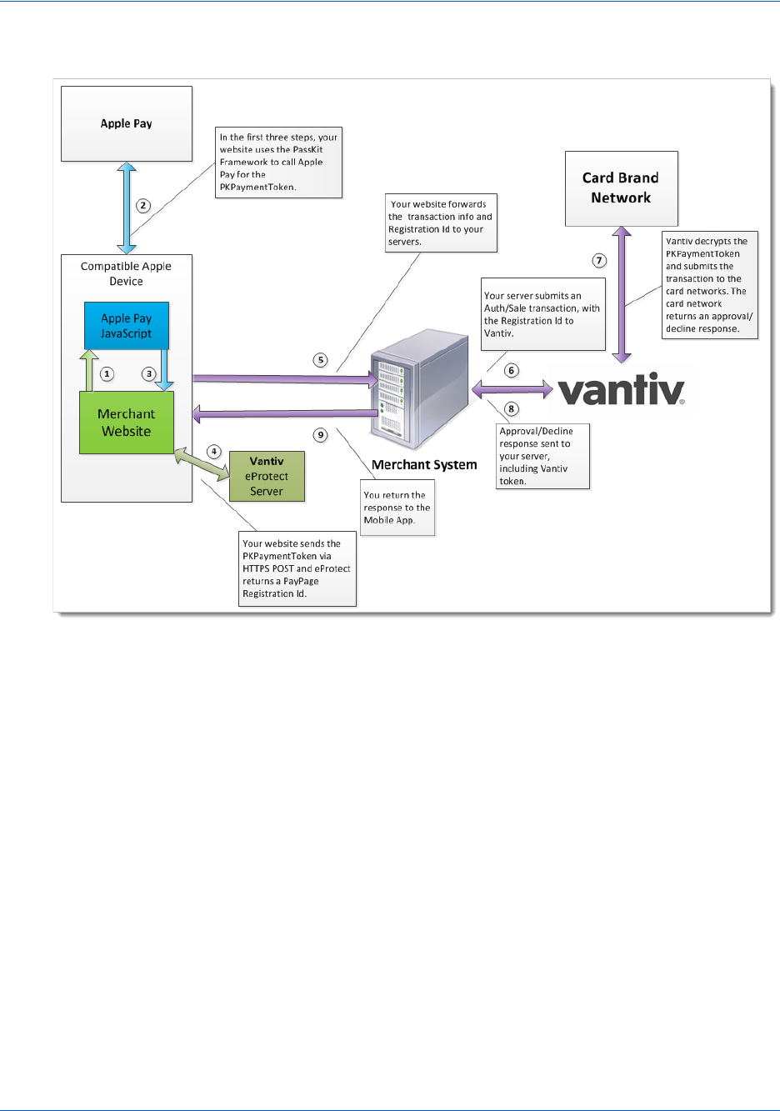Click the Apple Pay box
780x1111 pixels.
click(127, 123)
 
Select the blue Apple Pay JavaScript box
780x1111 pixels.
click(127, 326)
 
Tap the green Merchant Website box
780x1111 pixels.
click(127, 423)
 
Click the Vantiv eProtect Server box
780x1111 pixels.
click(267, 476)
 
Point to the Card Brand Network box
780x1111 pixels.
click(621, 188)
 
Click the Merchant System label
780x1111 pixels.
click(424, 465)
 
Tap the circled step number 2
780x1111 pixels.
click(143, 206)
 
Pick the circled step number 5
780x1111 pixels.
click(321, 360)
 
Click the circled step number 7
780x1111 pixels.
click(599, 261)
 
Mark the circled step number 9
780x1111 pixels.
click(321, 435)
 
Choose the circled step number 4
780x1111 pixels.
click(214, 452)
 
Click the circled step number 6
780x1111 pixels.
click(512, 370)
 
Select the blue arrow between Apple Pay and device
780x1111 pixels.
click(127, 208)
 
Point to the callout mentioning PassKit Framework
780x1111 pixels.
click(278, 163)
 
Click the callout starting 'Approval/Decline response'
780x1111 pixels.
click(543, 456)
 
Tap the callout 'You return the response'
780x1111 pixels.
click(397, 508)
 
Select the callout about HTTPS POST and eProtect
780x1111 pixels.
click(297, 568)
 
